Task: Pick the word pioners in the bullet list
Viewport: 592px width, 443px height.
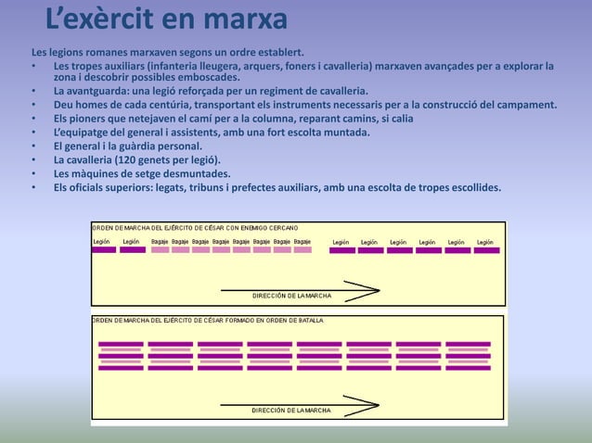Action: (x=89, y=119)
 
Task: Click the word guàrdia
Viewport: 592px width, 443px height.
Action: (x=159, y=146)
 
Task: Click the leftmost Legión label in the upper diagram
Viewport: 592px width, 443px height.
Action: (x=102, y=241)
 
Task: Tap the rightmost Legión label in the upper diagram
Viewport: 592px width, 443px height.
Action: (x=485, y=242)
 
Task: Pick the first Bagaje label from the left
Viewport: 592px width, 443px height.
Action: (x=159, y=241)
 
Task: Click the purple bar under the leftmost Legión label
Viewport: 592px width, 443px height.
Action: (x=103, y=250)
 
